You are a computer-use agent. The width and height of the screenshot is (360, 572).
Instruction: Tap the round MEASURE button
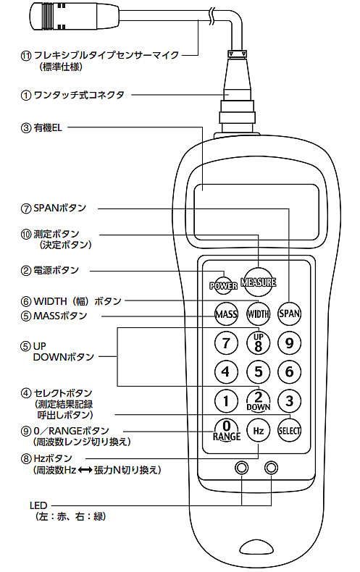(259, 282)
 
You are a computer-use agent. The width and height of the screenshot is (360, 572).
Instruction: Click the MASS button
(227, 314)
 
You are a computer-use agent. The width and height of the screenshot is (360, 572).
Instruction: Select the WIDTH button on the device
(258, 314)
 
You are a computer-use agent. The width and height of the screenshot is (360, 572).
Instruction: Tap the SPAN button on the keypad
(290, 314)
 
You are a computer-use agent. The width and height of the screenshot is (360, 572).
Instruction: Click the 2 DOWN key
(258, 400)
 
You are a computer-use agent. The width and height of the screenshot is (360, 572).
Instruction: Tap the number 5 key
(258, 371)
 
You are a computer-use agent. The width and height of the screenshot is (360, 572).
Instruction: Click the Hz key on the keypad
(258, 431)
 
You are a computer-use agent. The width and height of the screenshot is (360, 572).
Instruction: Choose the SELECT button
(290, 431)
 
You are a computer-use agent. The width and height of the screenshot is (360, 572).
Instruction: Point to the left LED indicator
(242, 468)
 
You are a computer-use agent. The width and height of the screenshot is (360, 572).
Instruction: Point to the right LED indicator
(272, 468)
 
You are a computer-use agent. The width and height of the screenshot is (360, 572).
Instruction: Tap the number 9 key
(290, 343)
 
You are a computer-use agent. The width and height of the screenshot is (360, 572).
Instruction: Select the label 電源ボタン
(56, 270)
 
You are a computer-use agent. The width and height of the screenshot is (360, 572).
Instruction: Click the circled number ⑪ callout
(26, 56)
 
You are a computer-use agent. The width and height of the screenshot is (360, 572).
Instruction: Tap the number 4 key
(227, 371)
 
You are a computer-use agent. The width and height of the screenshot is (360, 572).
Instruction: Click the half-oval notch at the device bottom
(256, 548)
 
